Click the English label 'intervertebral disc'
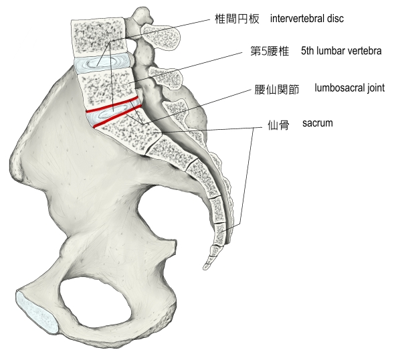tap(307, 19)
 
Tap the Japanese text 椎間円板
tap(237, 19)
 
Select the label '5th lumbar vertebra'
tap(341, 51)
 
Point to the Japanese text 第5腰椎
tap(270, 51)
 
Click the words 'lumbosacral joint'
tap(350, 88)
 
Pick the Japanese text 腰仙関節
tap(277, 90)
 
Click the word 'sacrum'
tap(318, 123)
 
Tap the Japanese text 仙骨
tap(278, 125)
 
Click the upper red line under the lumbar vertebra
tap(112, 104)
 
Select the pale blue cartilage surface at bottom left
tap(37, 312)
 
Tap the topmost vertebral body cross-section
tap(98, 37)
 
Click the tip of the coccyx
tap(206, 267)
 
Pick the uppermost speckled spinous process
tap(161, 37)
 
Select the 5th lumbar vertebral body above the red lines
tap(108, 88)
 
